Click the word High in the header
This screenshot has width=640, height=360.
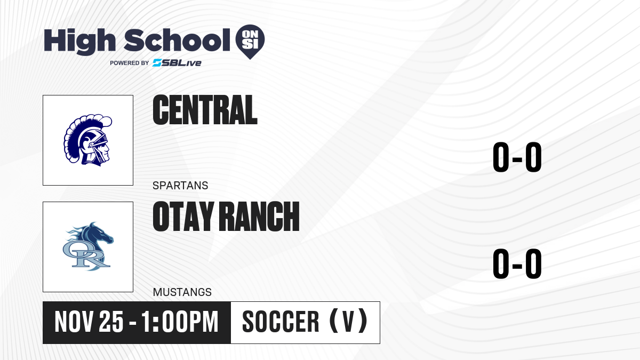[x=79, y=41]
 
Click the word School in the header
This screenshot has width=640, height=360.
[x=177, y=40]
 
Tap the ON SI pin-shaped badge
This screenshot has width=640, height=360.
[x=250, y=42]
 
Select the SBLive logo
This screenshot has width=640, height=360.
[x=177, y=63]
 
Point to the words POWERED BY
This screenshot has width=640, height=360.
[x=130, y=63]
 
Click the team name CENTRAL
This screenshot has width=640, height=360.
[x=205, y=110]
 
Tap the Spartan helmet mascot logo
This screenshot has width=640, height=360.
[x=87, y=140]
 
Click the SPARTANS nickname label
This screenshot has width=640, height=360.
[x=180, y=186]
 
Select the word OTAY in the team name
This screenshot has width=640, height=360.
[x=183, y=216]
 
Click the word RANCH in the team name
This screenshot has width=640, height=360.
[x=261, y=216]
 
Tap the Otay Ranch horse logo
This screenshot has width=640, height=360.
[x=88, y=246]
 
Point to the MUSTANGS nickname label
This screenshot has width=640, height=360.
[x=182, y=292]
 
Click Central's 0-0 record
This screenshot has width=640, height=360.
[x=517, y=157]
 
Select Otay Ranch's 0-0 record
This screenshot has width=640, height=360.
[x=517, y=263]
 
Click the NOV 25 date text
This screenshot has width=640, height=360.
[x=89, y=322]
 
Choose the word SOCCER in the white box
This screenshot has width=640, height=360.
[x=281, y=322]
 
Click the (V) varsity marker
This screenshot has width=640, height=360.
[x=349, y=321]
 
